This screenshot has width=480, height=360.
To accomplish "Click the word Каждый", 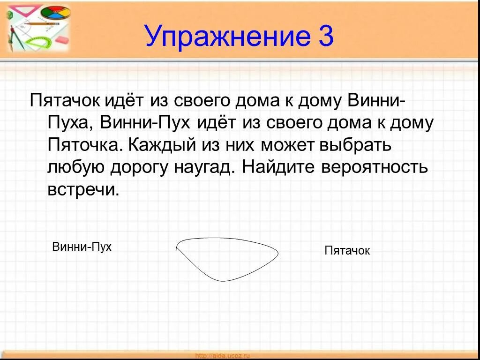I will [159, 145].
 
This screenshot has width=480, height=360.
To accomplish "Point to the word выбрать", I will [355, 145].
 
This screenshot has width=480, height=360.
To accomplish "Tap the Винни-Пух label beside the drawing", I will [82, 247].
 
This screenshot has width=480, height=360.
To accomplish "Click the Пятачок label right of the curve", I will [347, 251].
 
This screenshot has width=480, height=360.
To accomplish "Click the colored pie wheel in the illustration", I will [55, 13].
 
